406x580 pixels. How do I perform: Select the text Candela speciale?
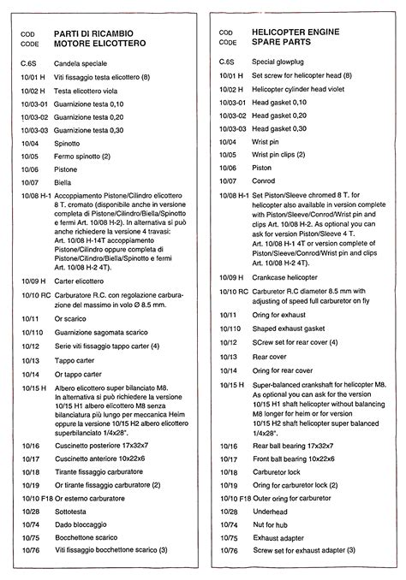click(82, 63)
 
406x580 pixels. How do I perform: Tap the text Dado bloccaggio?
click(82, 524)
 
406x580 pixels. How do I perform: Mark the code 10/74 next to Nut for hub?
click(228, 524)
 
